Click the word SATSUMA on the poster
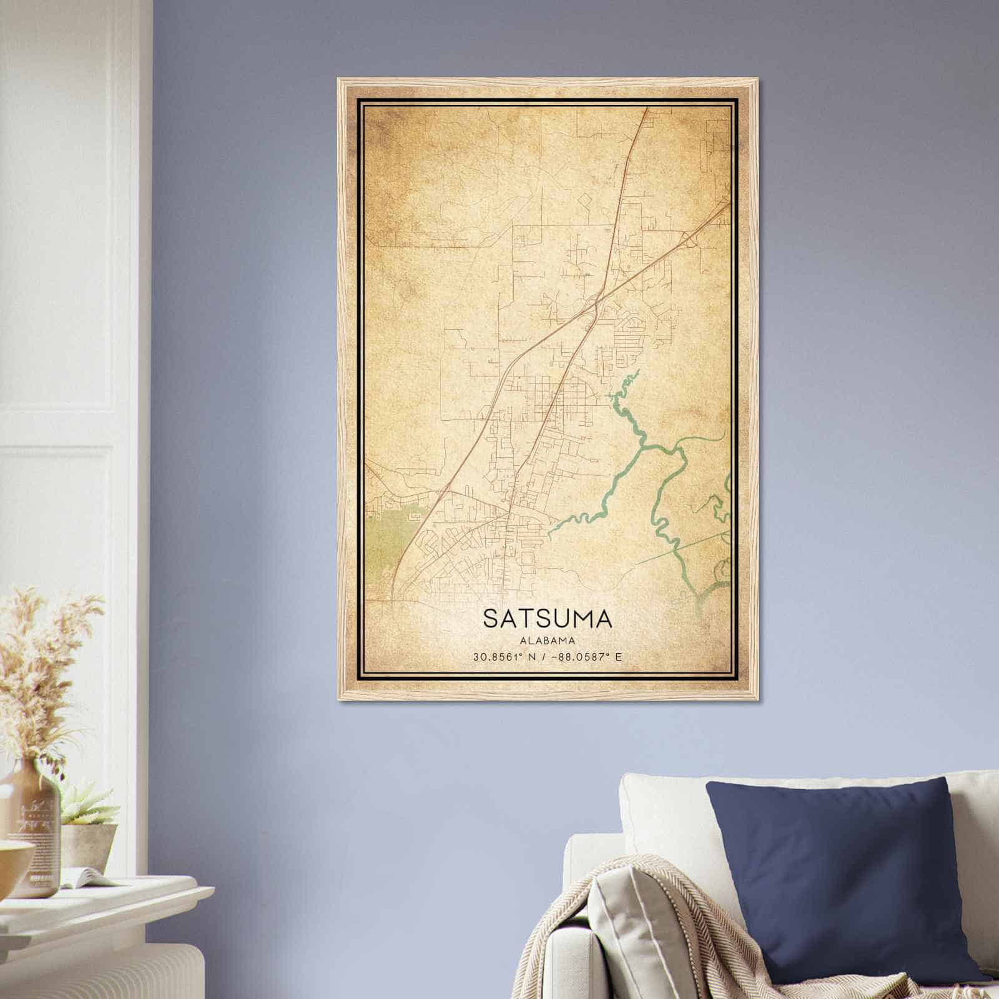pyautogui.click(x=547, y=618)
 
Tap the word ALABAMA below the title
pyautogui.click(x=547, y=641)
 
